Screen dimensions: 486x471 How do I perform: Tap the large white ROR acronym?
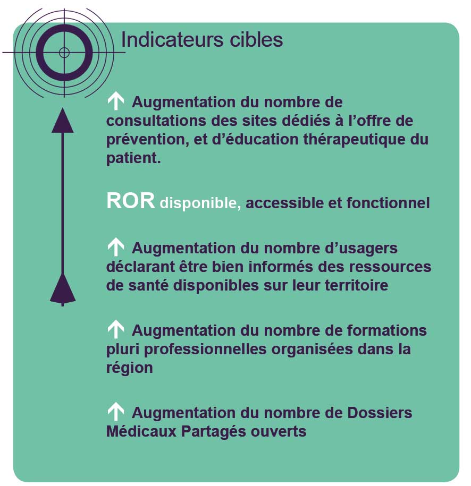point(131,201)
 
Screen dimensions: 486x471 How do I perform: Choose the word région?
point(129,368)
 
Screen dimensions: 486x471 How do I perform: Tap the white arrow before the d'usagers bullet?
point(115,247)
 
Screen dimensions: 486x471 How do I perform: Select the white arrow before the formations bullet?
point(115,330)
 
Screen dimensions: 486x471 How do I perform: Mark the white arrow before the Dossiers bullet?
point(115,412)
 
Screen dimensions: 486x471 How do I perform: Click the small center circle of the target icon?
point(64,52)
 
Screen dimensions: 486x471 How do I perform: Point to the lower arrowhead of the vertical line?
point(63,289)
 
